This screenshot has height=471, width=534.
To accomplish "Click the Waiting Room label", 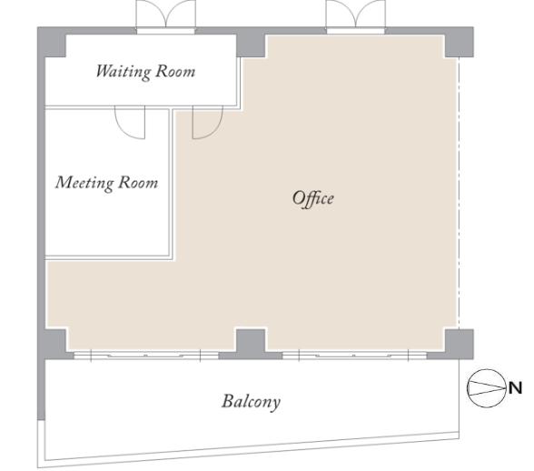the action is point(145,72).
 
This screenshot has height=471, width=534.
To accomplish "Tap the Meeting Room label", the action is point(107,183).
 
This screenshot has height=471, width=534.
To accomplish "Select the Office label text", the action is point(313,198).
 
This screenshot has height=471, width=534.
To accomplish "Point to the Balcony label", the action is point(252,402).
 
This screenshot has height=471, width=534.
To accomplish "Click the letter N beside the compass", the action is point(515,388).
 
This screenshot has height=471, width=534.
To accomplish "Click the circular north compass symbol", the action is point(487,388).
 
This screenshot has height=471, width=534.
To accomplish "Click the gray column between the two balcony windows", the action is point(251,344).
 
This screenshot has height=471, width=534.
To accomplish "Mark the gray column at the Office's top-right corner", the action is point(460,43).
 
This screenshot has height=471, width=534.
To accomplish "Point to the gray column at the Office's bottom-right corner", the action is point(460,344).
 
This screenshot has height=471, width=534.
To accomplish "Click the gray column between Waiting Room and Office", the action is point(251,43).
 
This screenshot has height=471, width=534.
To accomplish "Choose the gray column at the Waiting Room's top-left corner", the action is point(52,43).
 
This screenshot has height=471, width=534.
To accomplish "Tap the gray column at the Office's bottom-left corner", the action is point(54,344).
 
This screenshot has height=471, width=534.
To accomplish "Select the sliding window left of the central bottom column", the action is point(145,356).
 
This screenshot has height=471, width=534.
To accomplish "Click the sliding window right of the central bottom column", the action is point(354,356).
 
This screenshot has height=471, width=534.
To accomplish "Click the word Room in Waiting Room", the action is point(175,72).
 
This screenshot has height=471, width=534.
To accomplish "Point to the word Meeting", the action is point(84,183).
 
